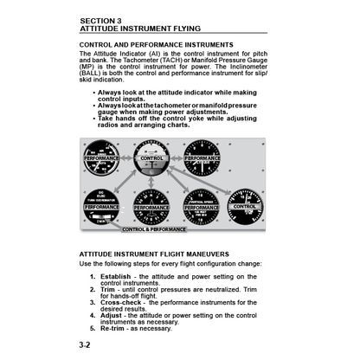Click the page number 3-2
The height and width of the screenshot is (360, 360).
tap(88, 344)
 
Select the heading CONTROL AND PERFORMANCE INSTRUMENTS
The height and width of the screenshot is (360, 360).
tap(157, 44)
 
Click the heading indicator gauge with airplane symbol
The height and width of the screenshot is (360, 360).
tap(151, 209)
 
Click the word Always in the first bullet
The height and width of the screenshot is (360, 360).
tap(111, 92)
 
